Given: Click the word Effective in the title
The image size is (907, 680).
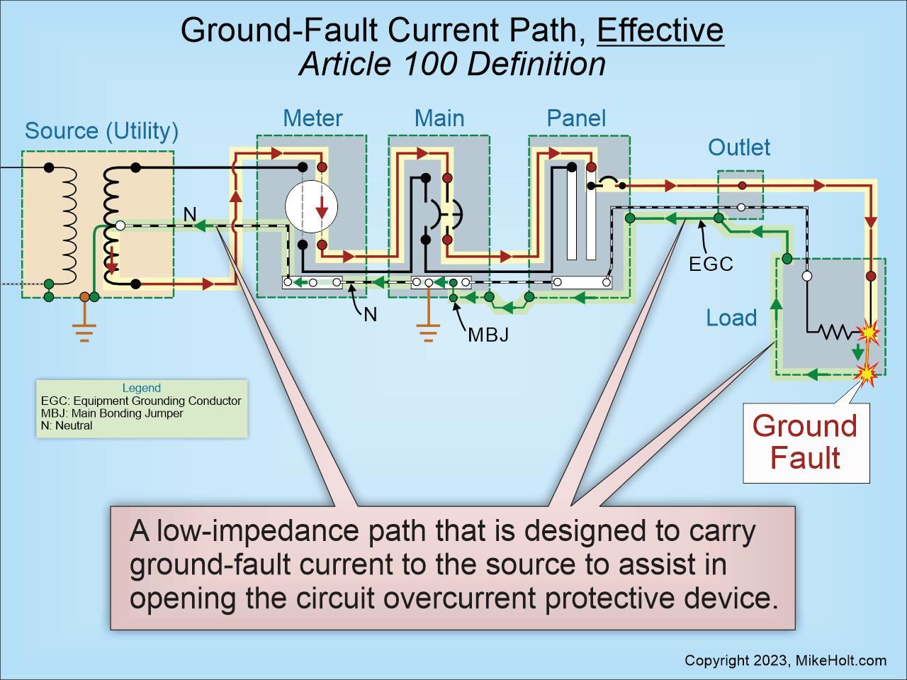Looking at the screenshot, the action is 660,30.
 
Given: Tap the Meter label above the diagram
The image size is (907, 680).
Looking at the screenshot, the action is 312,118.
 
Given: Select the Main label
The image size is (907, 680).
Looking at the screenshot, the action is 439,118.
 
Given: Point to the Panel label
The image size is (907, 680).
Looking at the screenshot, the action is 576,118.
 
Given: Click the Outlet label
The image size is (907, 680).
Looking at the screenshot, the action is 739,147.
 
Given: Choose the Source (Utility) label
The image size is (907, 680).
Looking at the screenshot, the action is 101,131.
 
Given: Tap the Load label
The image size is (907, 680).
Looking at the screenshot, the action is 731,318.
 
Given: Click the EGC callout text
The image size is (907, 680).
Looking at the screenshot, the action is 711,264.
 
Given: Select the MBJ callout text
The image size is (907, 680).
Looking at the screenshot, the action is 488,335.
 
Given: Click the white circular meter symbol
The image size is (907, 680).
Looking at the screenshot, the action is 311,206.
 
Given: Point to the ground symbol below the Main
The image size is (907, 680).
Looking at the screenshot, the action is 429,333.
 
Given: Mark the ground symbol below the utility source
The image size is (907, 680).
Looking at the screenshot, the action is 84,333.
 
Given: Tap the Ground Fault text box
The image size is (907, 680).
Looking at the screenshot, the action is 806,442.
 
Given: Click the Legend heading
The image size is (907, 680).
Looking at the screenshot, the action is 141,388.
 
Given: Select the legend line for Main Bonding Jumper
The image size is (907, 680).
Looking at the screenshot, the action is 112,413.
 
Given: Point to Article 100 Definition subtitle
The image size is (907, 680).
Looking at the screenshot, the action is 453,64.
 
